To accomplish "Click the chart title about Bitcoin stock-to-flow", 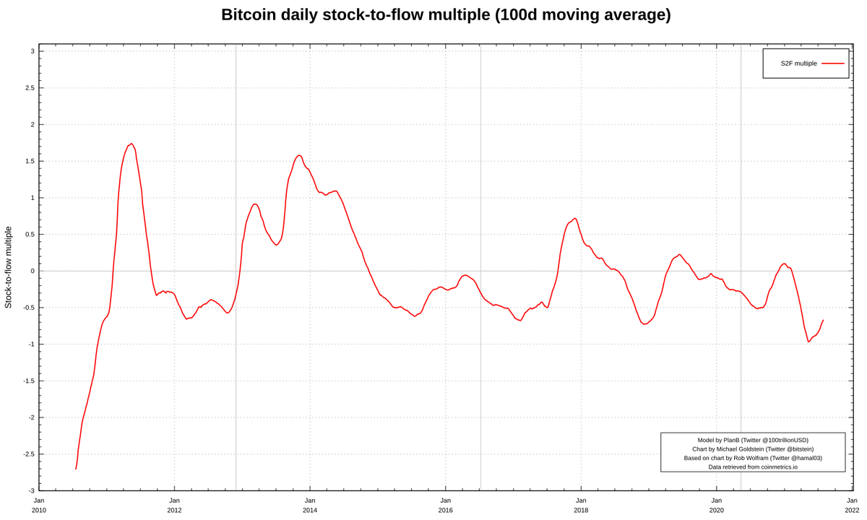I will coord(446,14).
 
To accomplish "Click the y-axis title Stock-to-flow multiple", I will coord(9,267).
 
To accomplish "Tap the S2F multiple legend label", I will coord(798,64).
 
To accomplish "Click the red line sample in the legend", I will coord(832,64).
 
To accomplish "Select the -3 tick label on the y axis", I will coord(31,491).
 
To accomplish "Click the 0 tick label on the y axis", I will coord(33,272).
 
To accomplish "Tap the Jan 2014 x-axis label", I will coord(310,505).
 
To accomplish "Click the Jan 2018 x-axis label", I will coord(581,505).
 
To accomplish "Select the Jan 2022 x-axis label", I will coord(852,505).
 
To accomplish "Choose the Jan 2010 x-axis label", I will coord(39,505).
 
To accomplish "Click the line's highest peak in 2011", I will coord(131,144).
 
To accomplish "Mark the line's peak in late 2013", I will coord(299,155).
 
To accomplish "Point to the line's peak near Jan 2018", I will coord(574,218).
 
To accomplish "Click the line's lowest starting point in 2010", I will coord(76,469).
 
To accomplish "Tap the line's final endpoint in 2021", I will coord(823,320).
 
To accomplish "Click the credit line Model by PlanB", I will coord(753,440).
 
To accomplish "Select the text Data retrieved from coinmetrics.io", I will coord(753,467).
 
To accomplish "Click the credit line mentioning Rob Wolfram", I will coord(753,458).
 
